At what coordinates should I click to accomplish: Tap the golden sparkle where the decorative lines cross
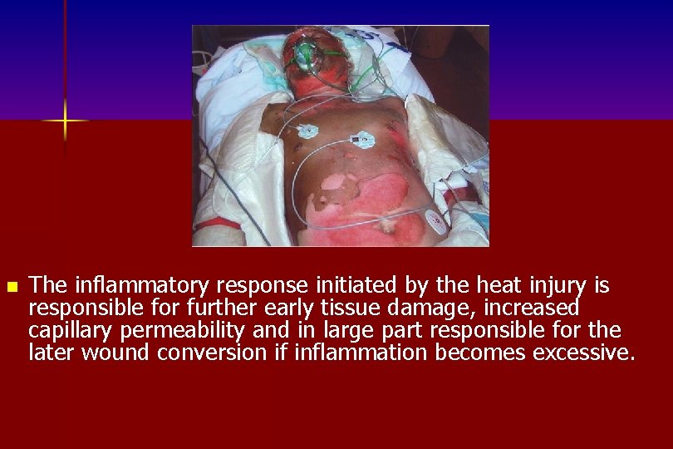click(x=65, y=121)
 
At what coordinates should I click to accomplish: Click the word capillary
click(x=70, y=331)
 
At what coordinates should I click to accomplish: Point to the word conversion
click(x=211, y=353)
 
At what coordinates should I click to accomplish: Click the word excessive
click(x=584, y=353)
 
